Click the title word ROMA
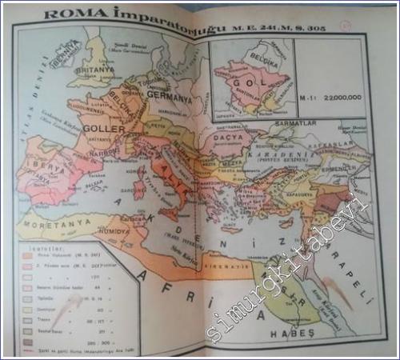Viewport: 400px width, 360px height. click(x=66, y=13)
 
